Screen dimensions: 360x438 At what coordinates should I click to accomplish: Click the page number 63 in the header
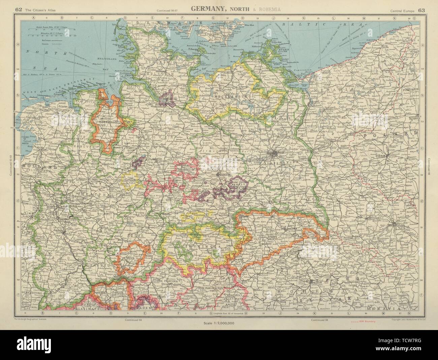click(x=421, y=10)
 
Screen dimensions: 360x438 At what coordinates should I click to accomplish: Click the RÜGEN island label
click(x=280, y=49)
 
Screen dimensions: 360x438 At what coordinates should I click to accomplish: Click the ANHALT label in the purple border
click(x=239, y=184)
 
